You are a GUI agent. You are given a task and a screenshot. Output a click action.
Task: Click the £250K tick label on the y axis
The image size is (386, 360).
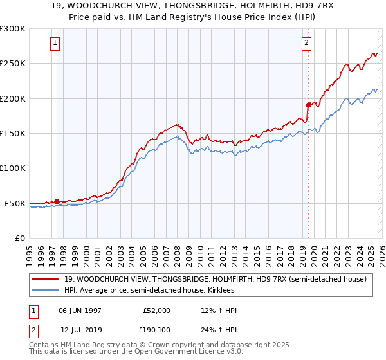[13, 64]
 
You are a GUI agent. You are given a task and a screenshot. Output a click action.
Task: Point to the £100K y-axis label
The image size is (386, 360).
[13, 168]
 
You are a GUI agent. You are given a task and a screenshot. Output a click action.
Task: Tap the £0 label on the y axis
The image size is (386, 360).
[19, 238]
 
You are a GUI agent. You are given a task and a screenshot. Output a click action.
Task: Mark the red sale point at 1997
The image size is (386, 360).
[57, 201]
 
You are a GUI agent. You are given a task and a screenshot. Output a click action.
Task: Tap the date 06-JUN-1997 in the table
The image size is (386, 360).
[80, 310]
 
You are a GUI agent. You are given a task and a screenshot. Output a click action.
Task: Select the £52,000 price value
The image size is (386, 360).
[156, 310]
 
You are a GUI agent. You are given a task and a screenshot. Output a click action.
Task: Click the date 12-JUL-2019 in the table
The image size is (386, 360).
[80, 330]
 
